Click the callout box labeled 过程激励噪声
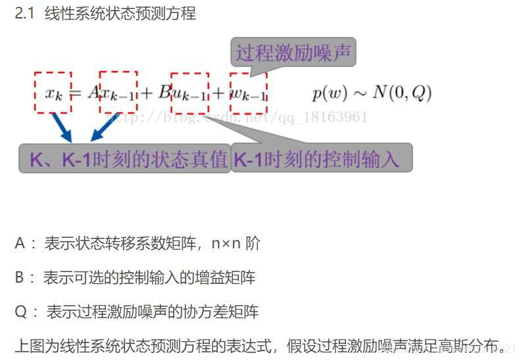tap(293, 52)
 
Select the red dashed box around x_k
tap(53, 92)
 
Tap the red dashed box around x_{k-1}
tap(118, 92)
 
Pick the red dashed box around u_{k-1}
tap(189, 92)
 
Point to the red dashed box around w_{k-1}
tap(249, 92)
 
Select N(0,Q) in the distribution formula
tap(402, 93)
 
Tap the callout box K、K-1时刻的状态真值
tap(124, 159)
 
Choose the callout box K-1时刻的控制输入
tap(322, 159)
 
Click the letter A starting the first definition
tap(20, 244)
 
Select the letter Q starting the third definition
tap(20, 312)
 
